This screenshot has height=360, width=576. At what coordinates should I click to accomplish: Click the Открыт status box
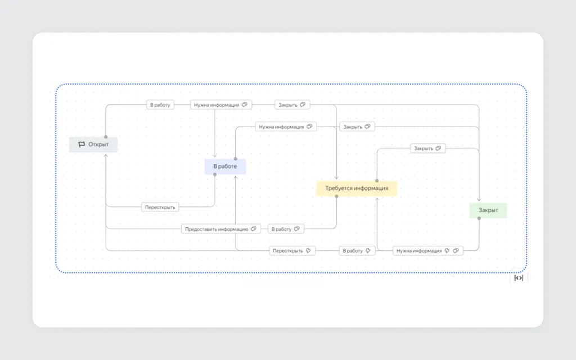tap(93, 145)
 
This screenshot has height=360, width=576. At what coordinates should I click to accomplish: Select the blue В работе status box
tap(225, 166)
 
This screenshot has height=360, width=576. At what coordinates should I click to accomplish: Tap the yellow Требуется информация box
tap(357, 188)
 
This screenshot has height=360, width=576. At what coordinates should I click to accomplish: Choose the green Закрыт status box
tap(488, 210)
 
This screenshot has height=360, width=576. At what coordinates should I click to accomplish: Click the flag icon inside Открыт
tap(82, 145)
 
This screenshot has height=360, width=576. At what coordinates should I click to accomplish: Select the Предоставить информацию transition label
tap(220, 229)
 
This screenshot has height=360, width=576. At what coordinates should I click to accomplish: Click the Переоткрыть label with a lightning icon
tap(292, 250)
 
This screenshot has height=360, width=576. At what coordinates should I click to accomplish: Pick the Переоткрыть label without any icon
tap(160, 207)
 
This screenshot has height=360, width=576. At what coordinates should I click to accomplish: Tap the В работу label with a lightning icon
tap(357, 250)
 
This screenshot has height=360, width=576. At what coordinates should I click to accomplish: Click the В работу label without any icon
tap(160, 105)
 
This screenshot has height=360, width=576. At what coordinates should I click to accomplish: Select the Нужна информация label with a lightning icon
tap(427, 250)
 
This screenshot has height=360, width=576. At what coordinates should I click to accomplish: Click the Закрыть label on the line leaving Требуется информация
tap(427, 148)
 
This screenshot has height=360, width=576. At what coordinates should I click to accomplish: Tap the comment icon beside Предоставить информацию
tap(254, 229)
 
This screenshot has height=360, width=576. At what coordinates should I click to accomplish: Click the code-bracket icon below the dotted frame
tap(519, 278)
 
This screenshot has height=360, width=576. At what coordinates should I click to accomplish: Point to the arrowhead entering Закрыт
tap(479, 200)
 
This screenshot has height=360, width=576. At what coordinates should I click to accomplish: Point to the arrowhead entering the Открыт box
tap(106, 155)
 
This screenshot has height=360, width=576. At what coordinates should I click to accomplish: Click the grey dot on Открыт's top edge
tap(106, 137)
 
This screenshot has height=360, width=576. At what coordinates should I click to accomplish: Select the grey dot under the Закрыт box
tap(479, 218)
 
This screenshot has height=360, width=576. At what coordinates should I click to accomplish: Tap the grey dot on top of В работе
tap(236, 159)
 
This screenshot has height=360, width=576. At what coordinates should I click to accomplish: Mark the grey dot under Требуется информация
tap(336, 196)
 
